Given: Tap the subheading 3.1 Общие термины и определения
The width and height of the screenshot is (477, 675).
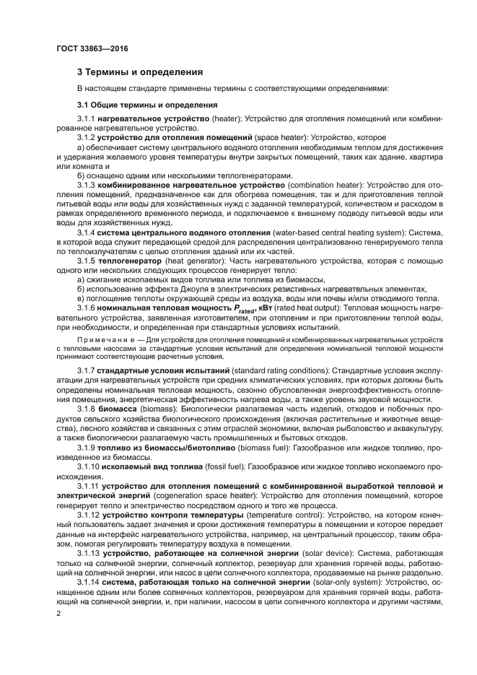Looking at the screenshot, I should [x=137, y=105].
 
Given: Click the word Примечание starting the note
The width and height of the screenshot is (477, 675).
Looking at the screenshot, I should [x=100, y=339].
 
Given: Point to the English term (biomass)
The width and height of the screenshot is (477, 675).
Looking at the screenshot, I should [x=156, y=408].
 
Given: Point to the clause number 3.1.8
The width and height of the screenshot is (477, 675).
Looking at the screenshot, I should [x=87, y=408].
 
